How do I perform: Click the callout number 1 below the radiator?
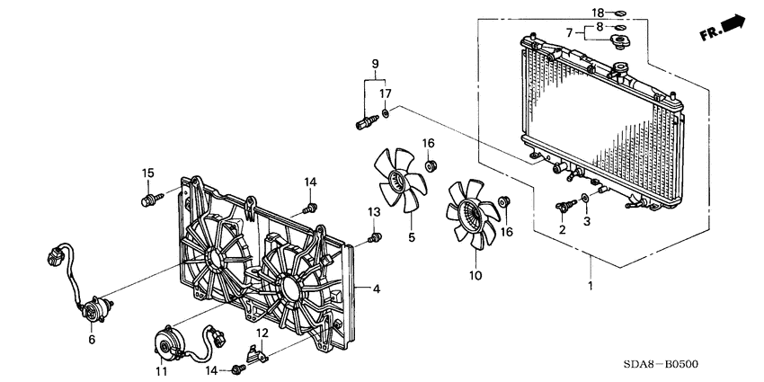click(x=590, y=286)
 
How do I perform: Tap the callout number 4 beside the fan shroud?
click(x=376, y=289)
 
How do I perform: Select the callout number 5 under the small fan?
click(x=411, y=238)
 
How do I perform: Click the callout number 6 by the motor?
click(x=91, y=339)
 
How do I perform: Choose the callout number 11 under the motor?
click(x=162, y=369)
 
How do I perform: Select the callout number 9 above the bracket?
click(x=377, y=63)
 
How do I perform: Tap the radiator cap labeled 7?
click(x=620, y=47)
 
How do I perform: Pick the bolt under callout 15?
click(x=149, y=199)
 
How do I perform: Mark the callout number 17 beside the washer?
click(x=385, y=93)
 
